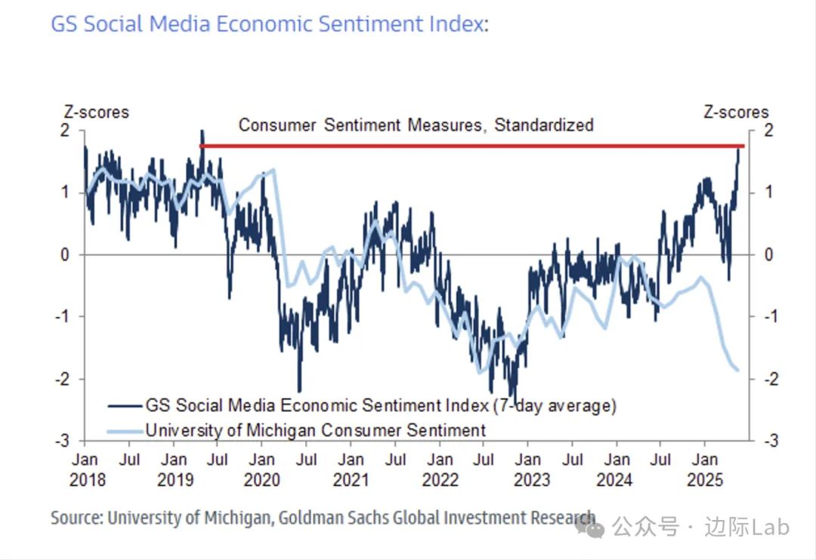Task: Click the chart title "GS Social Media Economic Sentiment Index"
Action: (267, 24)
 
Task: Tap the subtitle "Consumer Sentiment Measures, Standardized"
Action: (416, 125)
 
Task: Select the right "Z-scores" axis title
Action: (735, 112)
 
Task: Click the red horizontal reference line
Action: (468, 146)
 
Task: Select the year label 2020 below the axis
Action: (261, 479)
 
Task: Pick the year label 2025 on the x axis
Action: (706, 479)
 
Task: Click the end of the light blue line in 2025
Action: (737, 369)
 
